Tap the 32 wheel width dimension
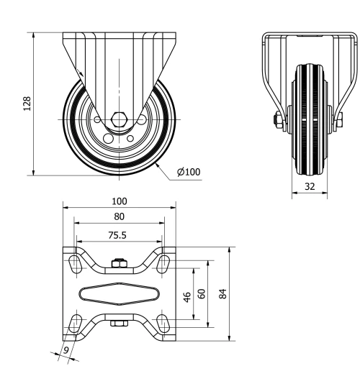click(309, 186)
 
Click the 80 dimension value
click(119, 216)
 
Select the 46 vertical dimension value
click(187, 296)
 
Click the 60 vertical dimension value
click(202, 293)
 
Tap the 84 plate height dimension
click(223, 294)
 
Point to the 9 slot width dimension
click(66, 352)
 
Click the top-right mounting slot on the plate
click(165, 263)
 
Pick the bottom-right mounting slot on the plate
click(165, 323)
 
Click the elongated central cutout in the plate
click(119, 293)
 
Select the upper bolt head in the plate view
click(119, 265)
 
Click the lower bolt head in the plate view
click(119, 324)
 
